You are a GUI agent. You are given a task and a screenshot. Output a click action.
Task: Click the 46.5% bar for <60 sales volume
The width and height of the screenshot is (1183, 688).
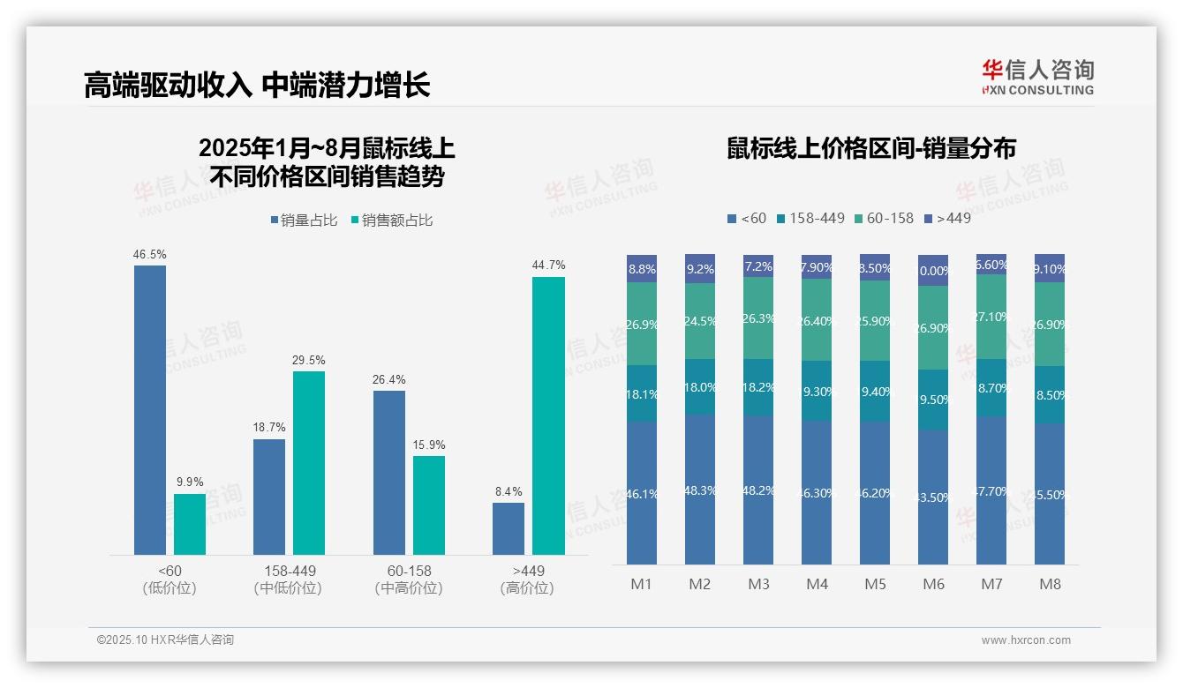[150, 410]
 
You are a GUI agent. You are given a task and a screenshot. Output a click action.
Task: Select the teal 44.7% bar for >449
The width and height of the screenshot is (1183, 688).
[548, 415]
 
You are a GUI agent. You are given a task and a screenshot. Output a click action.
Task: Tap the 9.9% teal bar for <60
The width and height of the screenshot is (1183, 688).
[190, 524]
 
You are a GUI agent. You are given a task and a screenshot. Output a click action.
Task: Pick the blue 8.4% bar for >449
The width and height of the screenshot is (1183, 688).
[509, 528]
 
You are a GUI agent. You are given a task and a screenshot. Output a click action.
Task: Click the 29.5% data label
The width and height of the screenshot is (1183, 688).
[309, 360]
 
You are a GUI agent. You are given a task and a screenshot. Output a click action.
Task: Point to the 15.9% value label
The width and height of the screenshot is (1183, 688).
[429, 445]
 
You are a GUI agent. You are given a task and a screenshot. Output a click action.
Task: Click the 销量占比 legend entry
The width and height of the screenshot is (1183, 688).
[304, 221]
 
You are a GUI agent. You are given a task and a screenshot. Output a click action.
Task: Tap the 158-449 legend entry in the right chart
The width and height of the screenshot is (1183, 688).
[810, 218]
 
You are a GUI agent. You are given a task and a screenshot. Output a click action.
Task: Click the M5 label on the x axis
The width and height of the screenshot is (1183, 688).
[875, 584]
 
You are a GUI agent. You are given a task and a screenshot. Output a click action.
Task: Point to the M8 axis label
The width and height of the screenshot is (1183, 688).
[1050, 584]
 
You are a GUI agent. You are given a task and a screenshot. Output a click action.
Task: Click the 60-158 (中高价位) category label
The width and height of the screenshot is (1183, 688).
[409, 579]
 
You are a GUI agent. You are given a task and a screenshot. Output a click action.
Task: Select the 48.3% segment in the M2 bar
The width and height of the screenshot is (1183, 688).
[700, 490]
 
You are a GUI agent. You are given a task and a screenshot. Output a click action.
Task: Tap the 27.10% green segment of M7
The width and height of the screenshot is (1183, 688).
[991, 317]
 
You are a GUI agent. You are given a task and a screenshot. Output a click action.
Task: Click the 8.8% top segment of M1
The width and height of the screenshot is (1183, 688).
[642, 269]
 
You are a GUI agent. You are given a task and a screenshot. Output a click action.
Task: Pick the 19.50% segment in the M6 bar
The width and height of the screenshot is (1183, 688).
[933, 400]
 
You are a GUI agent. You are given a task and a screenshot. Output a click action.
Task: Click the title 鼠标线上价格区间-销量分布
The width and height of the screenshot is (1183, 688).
[871, 149]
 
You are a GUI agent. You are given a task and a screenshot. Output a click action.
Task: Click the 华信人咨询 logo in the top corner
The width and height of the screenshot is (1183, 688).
[1037, 77]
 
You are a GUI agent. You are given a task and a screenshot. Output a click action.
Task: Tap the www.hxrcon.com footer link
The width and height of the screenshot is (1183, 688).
[1026, 640]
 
